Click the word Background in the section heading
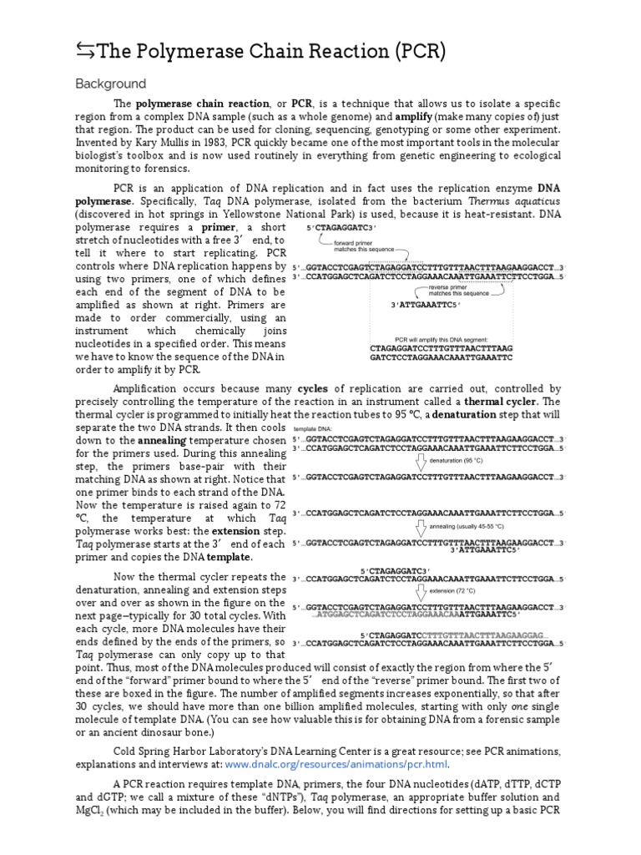coord(110,84)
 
